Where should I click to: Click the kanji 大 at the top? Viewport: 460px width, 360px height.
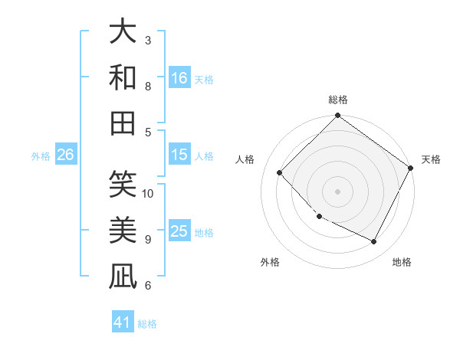(x=123, y=31)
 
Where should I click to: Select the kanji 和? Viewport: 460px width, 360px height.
(x=123, y=77)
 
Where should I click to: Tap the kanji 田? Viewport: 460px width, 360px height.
(x=123, y=123)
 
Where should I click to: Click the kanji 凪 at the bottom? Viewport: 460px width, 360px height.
(x=123, y=276)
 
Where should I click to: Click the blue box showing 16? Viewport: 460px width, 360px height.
(x=179, y=77)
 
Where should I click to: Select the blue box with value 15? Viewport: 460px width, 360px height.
(x=179, y=155)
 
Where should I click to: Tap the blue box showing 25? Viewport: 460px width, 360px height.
(x=179, y=231)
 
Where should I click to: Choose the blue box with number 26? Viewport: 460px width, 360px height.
(x=65, y=155)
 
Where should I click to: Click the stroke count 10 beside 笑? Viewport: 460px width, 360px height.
(x=148, y=194)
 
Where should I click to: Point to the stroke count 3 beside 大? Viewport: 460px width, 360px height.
(x=148, y=40)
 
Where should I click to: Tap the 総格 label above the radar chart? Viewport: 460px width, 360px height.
(x=337, y=100)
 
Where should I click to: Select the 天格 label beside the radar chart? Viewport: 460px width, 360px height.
(x=431, y=159)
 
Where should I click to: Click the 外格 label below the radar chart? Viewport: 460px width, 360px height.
(x=270, y=262)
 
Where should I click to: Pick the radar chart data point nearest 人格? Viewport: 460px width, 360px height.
(x=280, y=172)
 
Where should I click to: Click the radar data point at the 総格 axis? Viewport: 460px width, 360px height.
(x=337, y=116)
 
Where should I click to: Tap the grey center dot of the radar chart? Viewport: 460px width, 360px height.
(x=337, y=191)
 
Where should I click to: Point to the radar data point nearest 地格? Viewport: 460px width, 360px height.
(x=374, y=242)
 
